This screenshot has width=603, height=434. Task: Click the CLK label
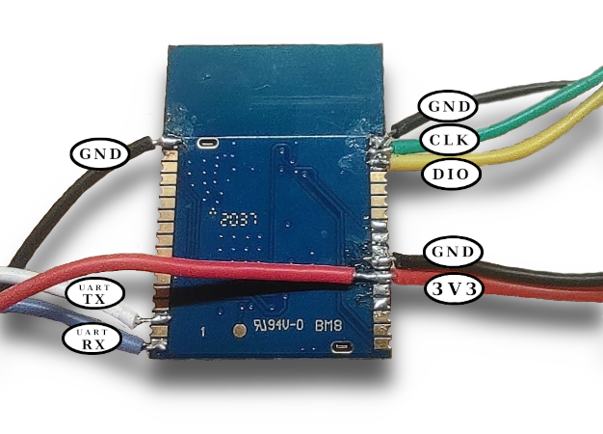(x=449, y=141)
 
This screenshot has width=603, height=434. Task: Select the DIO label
(x=449, y=175)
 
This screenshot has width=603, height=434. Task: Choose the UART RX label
(x=94, y=339)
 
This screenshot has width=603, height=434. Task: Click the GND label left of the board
(x=100, y=153)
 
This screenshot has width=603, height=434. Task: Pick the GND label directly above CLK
(x=449, y=106)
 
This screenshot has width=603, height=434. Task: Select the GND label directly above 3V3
(x=452, y=254)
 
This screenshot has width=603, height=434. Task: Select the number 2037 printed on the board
(x=235, y=220)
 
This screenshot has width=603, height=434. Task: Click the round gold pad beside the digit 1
(x=240, y=332)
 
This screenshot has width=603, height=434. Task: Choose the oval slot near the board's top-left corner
(x=206, y=144)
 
